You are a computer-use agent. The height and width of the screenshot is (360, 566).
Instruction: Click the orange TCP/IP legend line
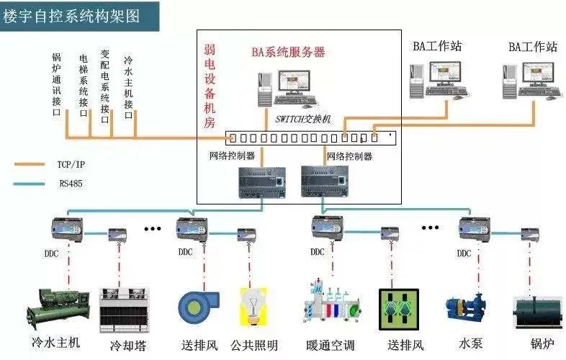pos(33,164)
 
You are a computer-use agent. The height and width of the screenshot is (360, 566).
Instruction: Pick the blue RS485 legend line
pos(33,184)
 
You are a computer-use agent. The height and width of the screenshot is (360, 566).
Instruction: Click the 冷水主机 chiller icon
pos(58,306)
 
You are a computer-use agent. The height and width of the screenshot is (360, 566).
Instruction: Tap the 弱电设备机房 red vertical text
pos(210,86)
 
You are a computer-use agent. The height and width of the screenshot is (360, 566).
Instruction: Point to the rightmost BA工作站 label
pos(533,47)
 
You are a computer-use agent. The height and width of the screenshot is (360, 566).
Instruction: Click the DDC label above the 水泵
pos(464,253)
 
